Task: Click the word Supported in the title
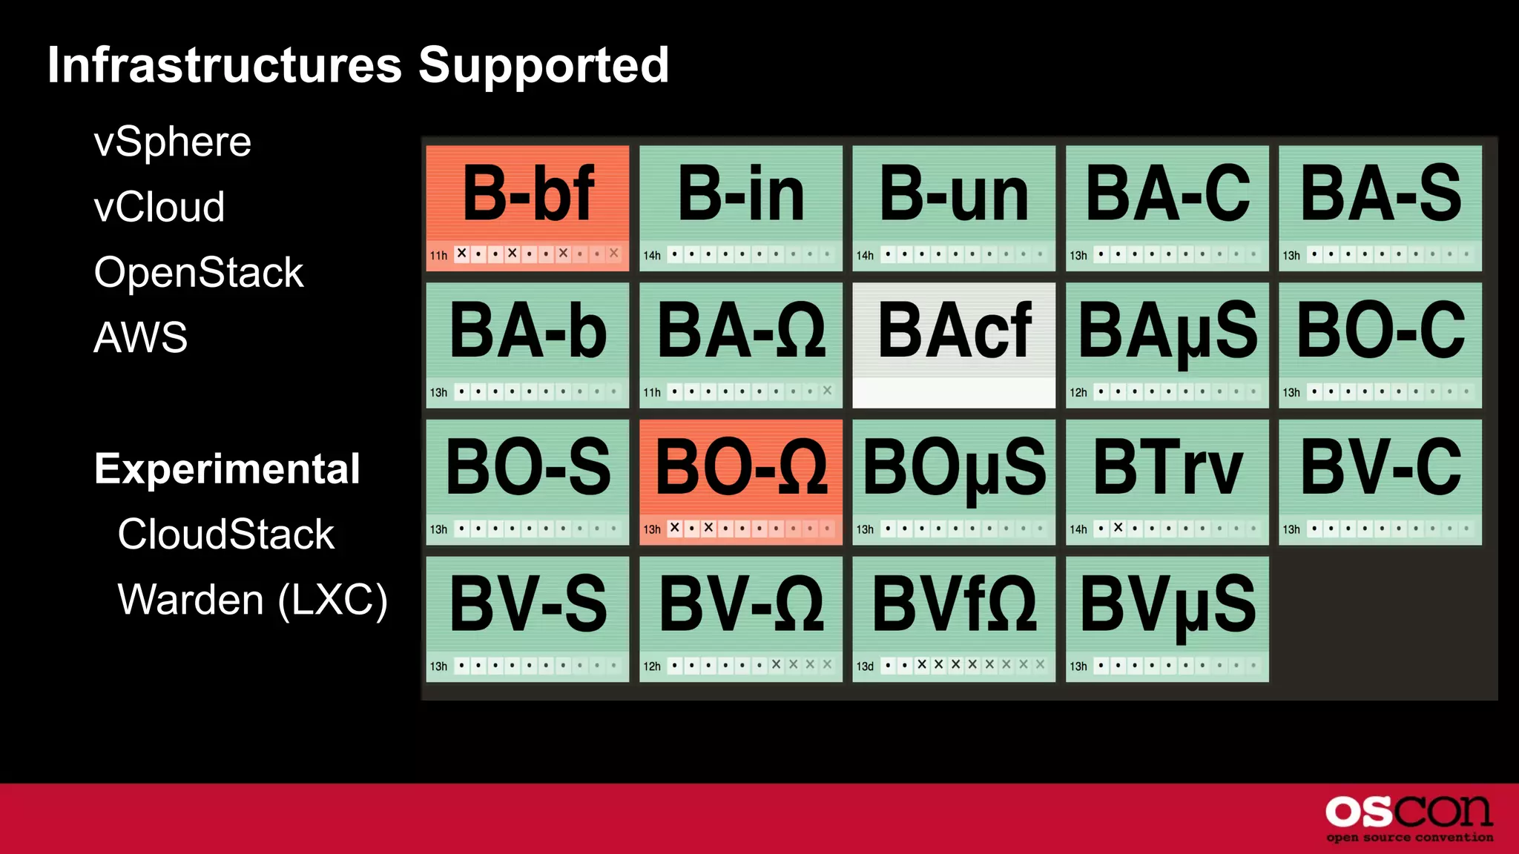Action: pos(544,65)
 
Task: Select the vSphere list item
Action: pos(172,142)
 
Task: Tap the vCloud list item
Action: pos(159,207)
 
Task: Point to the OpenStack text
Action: pos(198,272)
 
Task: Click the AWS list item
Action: pos(140,337)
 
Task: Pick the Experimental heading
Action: pos(227,469)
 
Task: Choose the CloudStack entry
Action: pos(225,534)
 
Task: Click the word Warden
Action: pos(191,599)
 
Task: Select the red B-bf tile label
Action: pos(527,194)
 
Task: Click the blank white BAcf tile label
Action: pos(954,331)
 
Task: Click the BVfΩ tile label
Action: pos(954,605)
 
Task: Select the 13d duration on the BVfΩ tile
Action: pos(865,666)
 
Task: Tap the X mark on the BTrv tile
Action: pos(1118,528)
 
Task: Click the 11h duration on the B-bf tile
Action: pos(438,255)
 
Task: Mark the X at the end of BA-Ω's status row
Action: pos(827,391)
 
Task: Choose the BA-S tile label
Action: pos(1380,194)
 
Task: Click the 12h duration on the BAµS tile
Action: pos(1078,392)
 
